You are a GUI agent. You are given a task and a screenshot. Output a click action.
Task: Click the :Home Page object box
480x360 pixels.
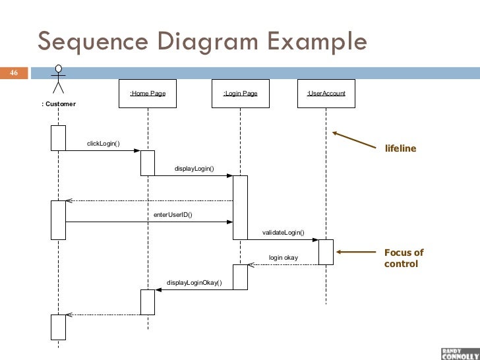(148, 94)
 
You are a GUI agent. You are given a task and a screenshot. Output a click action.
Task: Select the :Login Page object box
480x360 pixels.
(240, 94)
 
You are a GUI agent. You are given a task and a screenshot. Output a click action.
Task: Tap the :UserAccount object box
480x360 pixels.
(326, 94)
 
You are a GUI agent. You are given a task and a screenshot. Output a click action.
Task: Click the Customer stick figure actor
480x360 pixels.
(59, 81)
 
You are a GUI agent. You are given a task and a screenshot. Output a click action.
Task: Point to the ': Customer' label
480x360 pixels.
(59, 104)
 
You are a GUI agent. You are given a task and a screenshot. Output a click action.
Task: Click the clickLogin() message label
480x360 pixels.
(104, 144)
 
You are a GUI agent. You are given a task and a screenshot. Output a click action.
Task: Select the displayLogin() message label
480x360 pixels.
(195, 169)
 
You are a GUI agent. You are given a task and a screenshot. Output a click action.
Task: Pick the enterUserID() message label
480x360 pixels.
(173, 214)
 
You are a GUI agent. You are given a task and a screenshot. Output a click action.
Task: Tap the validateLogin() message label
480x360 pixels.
(283, 233)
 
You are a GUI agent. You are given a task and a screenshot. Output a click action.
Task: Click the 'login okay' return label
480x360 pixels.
(283, 257)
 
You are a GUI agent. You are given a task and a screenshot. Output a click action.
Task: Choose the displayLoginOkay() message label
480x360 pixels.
(195, 283)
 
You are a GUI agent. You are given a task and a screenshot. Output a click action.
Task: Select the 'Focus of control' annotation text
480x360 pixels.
(403, 258)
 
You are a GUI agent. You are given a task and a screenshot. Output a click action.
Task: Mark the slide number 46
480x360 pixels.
(14, 73)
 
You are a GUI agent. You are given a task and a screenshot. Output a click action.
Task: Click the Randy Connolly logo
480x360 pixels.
(456, 352)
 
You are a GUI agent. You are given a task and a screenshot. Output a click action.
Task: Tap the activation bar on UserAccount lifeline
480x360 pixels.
(326, 252)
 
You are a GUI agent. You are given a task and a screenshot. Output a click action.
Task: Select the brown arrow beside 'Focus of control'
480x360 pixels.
(356, 251)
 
